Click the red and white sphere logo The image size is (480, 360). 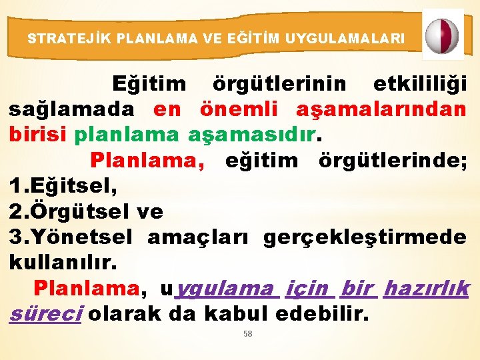(x=443, y=35)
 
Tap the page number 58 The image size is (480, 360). (x=247, y=334)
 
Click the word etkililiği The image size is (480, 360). (x=419, y=85)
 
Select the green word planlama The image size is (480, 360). (x=127, y=134)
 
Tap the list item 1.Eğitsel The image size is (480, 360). (x=63, y=186)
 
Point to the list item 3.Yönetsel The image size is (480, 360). (x=71, y=237)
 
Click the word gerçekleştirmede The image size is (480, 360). (x=365, y=237)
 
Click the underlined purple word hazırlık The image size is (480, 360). (x=427, y=289)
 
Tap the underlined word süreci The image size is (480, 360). (x=45, y=314)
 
